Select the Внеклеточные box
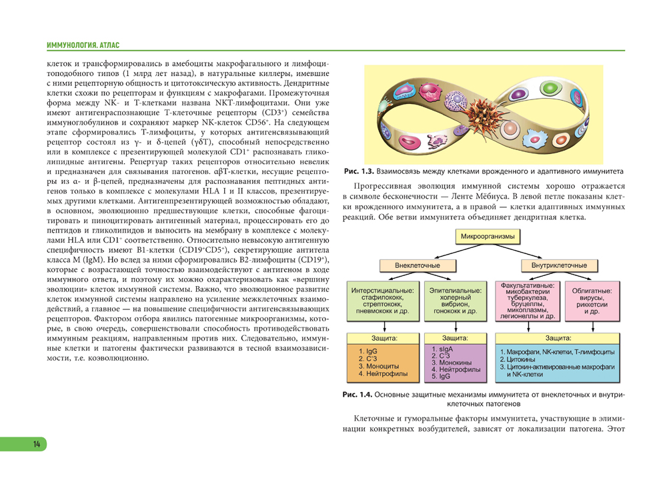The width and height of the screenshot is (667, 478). (418, 265)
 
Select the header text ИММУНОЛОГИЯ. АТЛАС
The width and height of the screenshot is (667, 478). (83, 45)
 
